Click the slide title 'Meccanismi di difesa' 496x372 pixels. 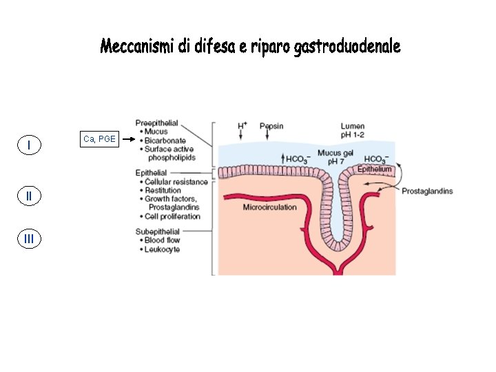(249, 47)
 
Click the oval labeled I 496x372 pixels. (28, 145)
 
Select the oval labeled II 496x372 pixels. (28, 196)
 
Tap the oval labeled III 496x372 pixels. (28, 239)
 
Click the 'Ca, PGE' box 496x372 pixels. (99, 140)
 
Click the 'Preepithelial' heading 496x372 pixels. (156, 123)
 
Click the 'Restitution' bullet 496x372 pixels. (163, 190)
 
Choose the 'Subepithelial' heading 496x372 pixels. (158, 231)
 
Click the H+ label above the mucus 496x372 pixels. (242, 125)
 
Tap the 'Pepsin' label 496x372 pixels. (271, 126)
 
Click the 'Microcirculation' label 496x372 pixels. (269, 207)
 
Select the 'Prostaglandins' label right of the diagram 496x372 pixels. (427, 191)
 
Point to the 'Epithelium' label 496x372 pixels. (375, 169)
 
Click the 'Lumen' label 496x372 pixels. (354, 126)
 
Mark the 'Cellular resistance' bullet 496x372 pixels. (176, 182)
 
